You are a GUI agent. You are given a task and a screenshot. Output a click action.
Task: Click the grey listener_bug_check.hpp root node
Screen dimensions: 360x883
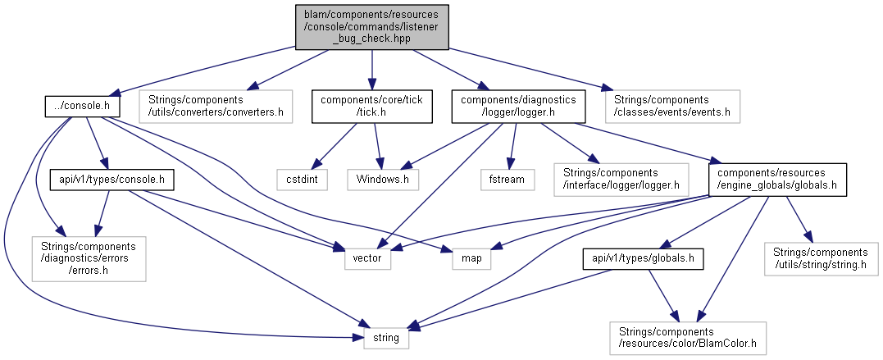pyautogui.click(x=371, y=26)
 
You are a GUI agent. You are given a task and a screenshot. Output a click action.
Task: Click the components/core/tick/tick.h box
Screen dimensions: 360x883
pyautogui.click(x=371, y=106)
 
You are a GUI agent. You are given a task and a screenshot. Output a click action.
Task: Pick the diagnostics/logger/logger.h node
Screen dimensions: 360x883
pyautogui.click(x=519, y=106)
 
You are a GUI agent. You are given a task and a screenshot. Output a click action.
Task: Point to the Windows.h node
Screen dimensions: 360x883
pyautogui.click(x=383, y=177)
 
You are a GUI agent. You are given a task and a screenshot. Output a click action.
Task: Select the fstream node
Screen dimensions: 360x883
pyautogui.click(x=507, y=177)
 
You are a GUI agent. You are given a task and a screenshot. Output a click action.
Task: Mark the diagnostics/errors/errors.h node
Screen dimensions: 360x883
pyautogui.click(x=89, y=258)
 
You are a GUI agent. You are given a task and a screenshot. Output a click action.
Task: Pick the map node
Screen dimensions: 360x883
pyautogui.click(x=471, y=258)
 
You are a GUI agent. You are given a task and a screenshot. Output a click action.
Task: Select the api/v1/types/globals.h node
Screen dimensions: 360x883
pyautogui.click(x=644, y=258)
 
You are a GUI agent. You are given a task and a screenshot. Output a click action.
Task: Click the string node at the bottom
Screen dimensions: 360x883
pyautogui.click(x=386, y=337)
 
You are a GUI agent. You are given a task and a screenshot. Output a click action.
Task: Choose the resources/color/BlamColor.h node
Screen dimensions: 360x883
pyautogui.click(x=688, y=337)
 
